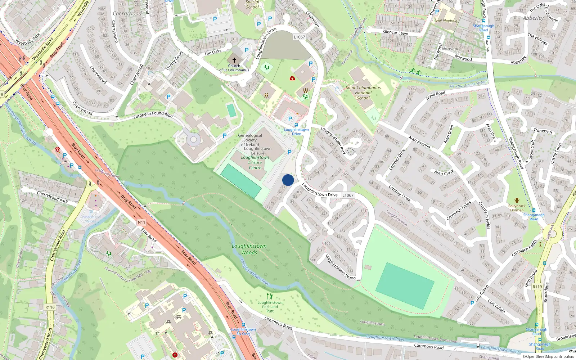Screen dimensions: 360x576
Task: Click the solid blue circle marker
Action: (288, 180)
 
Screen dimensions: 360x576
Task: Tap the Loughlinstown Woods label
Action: (249, 249)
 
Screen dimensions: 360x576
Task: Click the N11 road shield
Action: (141, 222)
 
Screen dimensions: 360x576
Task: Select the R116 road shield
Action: (50, 307)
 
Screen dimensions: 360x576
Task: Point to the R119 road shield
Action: (537, 287)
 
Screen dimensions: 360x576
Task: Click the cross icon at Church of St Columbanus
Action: (234, 60)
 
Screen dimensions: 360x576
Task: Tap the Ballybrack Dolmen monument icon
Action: (517, 201)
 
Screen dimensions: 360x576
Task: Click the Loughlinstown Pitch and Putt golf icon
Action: (270, 296)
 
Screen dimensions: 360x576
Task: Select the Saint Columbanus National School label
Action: (363, 93)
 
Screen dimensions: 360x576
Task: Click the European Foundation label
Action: (153, 115)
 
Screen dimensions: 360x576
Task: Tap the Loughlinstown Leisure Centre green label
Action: (255, 162)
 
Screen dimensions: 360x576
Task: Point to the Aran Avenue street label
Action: (419, 142)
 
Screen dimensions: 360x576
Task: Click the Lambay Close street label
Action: (399, 193)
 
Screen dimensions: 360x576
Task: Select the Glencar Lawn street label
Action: (395, 32)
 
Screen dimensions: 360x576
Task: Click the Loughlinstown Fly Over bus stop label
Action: (243, 331)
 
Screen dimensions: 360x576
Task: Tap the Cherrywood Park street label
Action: (52, 197)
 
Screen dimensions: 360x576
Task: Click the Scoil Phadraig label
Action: (445, 21)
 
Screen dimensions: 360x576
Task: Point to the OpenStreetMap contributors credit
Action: (548, 356)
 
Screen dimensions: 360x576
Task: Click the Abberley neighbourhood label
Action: (533, 18)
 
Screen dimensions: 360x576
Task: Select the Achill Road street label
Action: (436, 95)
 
